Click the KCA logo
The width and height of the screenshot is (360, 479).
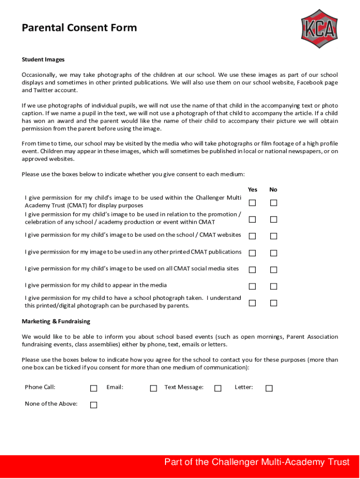point(319,29)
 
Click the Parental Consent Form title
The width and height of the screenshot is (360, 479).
point(79,28)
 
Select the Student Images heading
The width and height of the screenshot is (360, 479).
point(43,59)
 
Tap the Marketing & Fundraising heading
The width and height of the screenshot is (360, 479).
point(56,321)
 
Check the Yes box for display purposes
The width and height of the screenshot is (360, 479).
point(252,203)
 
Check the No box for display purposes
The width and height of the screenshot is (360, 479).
point(274,203)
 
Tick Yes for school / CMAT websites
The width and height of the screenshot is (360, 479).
point(252,236)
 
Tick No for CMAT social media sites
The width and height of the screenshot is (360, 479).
point(274,270)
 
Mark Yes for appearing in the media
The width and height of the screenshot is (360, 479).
point(252,286)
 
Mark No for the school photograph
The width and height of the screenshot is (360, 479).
point(274,303)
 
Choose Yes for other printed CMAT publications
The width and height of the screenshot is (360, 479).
point(252,253)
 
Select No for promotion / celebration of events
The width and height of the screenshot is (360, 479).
point(274,219)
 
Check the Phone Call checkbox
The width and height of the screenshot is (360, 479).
point(94,388)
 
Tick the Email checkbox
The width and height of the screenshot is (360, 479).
point(153,388)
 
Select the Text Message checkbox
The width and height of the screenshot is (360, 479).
point(218,388)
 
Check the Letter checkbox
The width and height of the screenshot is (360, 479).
point(269,388)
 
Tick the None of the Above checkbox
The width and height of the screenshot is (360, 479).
point(94,405)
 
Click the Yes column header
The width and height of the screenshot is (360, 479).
point(252,189)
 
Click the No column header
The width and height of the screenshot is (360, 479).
point(274,189)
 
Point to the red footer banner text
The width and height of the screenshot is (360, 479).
point(257,462)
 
